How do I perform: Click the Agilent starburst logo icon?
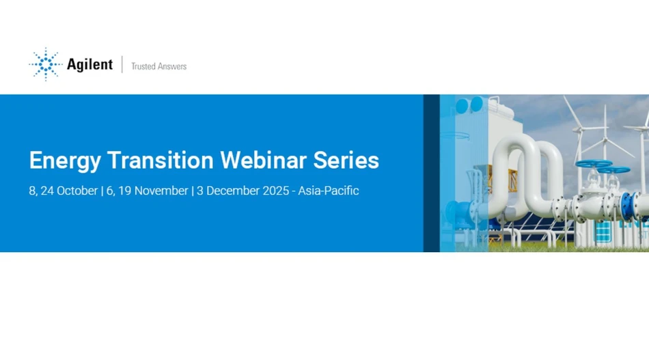45,65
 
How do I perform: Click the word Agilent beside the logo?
89,65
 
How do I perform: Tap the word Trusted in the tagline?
143,66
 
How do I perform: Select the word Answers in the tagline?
172,66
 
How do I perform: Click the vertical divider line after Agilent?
122,65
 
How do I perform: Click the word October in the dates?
77,191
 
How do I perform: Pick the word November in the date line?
161,191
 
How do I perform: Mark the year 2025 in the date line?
279,191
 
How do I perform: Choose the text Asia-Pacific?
329,191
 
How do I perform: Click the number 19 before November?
125,191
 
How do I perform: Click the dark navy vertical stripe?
431,173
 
